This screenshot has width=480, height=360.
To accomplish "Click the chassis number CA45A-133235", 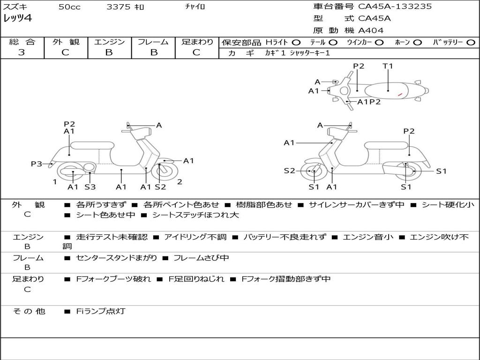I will [x=395, y=7].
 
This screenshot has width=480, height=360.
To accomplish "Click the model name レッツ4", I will [x=17, y=19].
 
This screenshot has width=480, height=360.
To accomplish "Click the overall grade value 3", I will [x=22, y=52].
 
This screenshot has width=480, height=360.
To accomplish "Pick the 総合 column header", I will [x=22, y=42].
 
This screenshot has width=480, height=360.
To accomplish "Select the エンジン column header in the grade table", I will [x=109, y=42].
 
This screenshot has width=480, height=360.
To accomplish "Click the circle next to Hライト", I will [x=296, y=43].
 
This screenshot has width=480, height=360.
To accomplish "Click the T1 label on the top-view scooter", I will [x=388, y=66].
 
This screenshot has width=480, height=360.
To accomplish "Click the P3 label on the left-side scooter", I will [x=36, y=164].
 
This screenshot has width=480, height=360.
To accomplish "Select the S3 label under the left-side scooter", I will [x=90, y=187].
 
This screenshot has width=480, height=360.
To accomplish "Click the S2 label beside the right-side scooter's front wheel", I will [x=289, y=171].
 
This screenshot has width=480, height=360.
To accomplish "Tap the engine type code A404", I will [x=371, y=30].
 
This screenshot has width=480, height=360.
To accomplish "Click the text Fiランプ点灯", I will [x=101, y=311].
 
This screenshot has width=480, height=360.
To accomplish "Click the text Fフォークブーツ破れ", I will [x=113, y=279].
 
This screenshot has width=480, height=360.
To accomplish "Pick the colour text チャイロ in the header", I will [x=195, y=7].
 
